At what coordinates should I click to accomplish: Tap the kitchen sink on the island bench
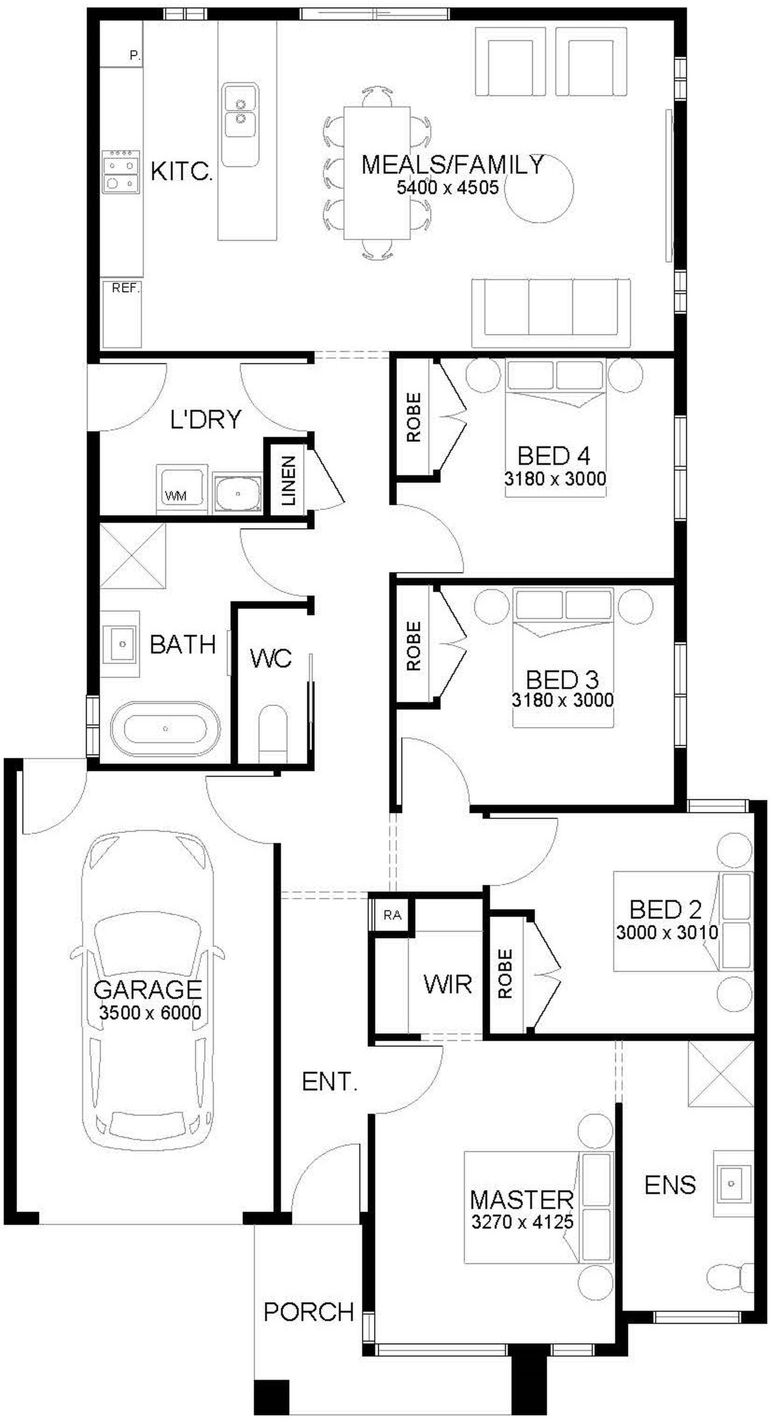[240, 124]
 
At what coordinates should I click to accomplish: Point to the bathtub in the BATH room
[165, 729]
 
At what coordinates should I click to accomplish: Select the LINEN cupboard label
[288, 481]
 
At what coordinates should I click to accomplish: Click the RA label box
[392, 915]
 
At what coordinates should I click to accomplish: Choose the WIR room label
[448, 983]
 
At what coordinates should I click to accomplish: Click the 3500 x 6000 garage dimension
[150, 1012]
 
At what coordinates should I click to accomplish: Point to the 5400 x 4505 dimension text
[448, 187]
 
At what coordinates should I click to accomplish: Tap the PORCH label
[309, 1312]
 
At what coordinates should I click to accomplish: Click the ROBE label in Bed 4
[413, 417]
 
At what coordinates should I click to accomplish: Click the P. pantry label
[135, 55]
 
